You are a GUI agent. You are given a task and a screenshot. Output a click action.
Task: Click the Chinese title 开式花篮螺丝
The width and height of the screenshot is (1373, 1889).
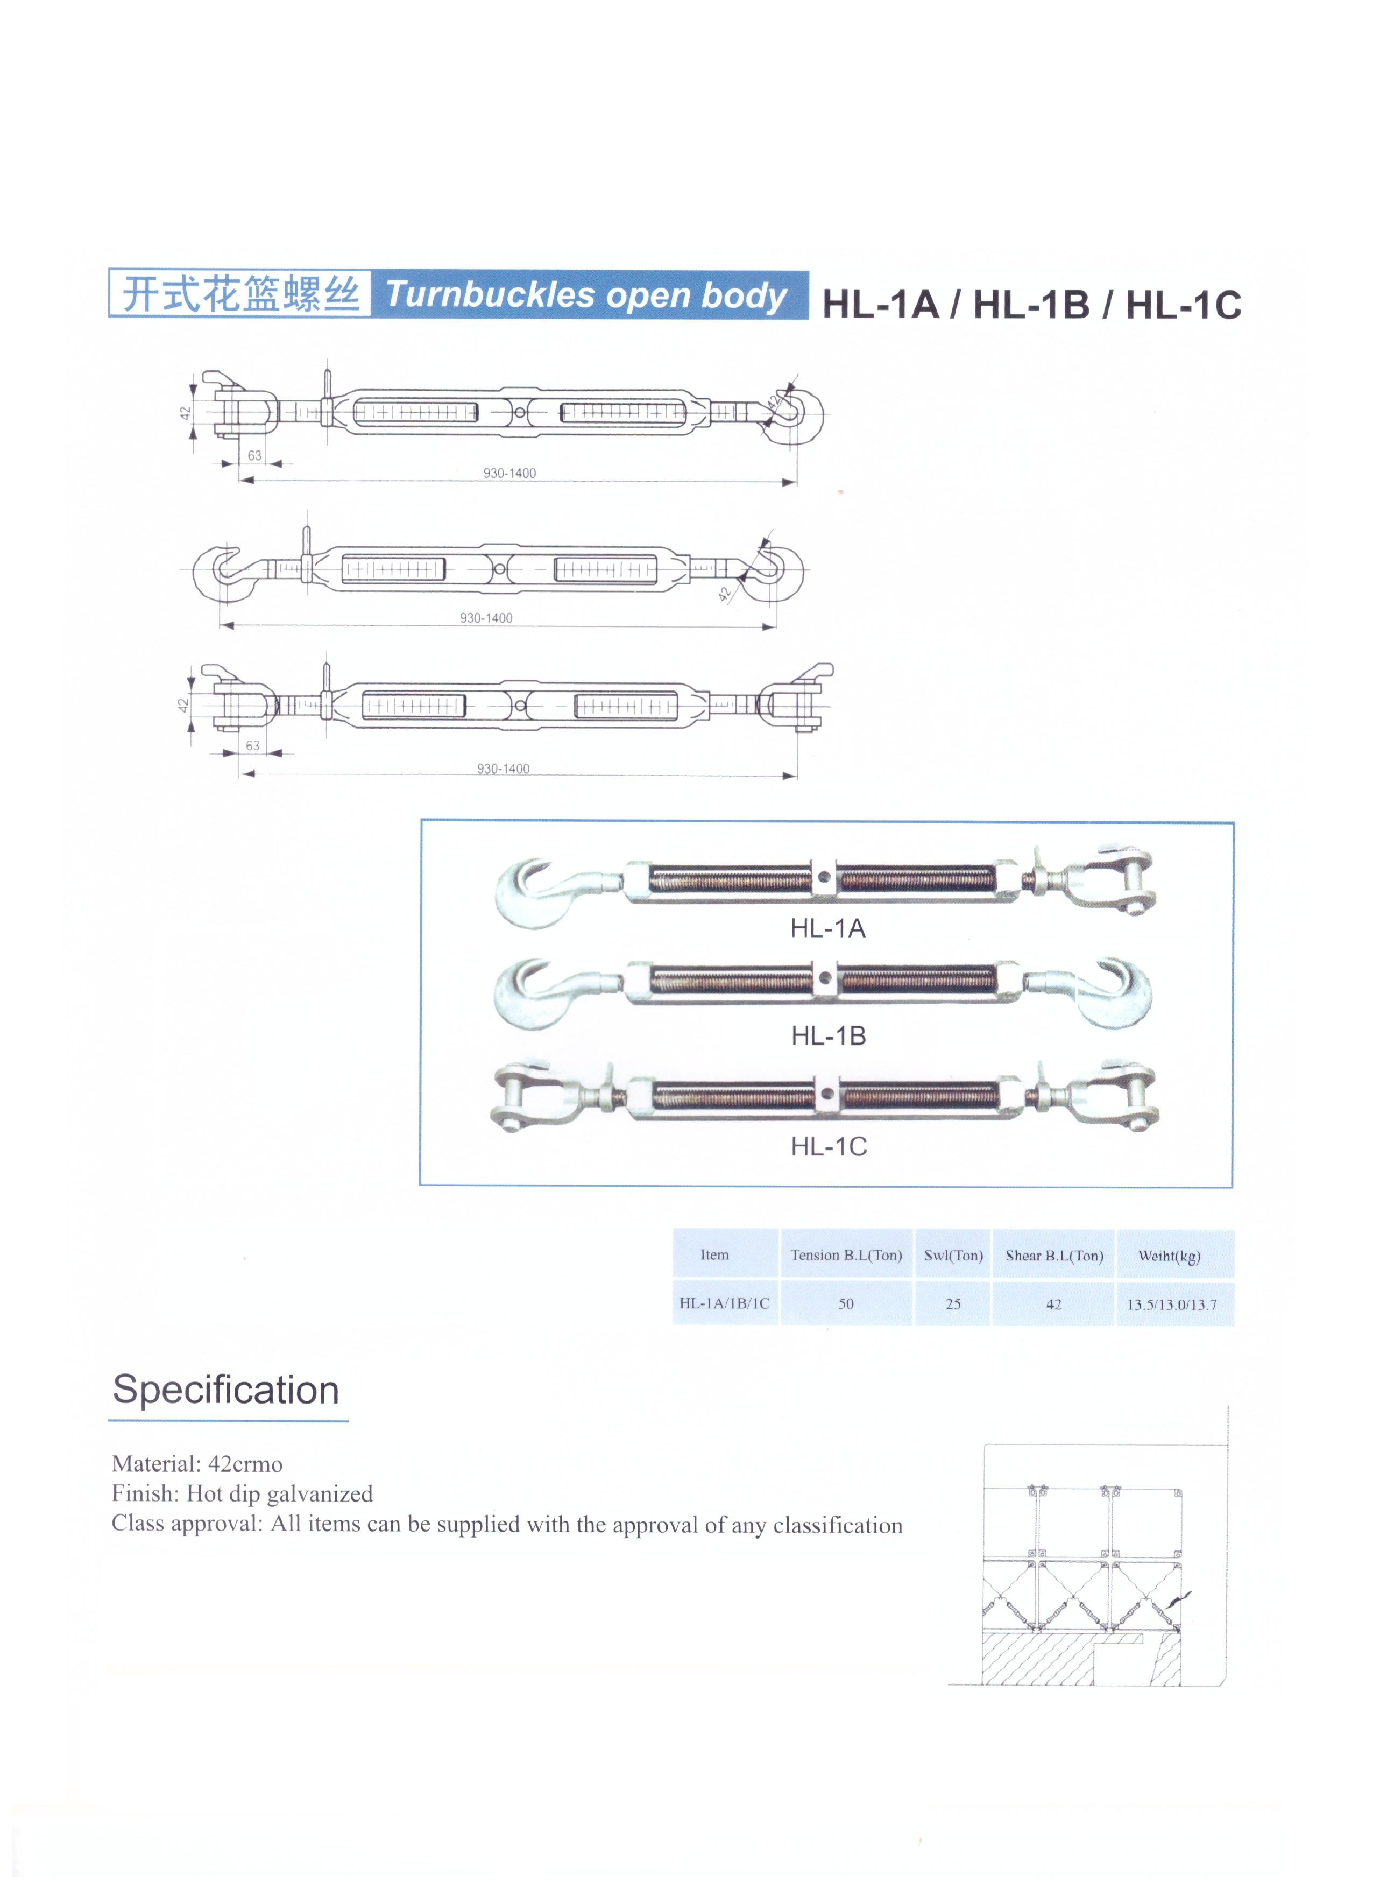(x=240, y=294)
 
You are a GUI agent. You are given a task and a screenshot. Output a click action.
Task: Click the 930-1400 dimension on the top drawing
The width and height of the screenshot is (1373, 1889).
(x=509, y=473)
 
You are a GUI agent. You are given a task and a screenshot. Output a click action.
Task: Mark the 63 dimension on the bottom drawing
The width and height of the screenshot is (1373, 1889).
(x=252, y=745)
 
